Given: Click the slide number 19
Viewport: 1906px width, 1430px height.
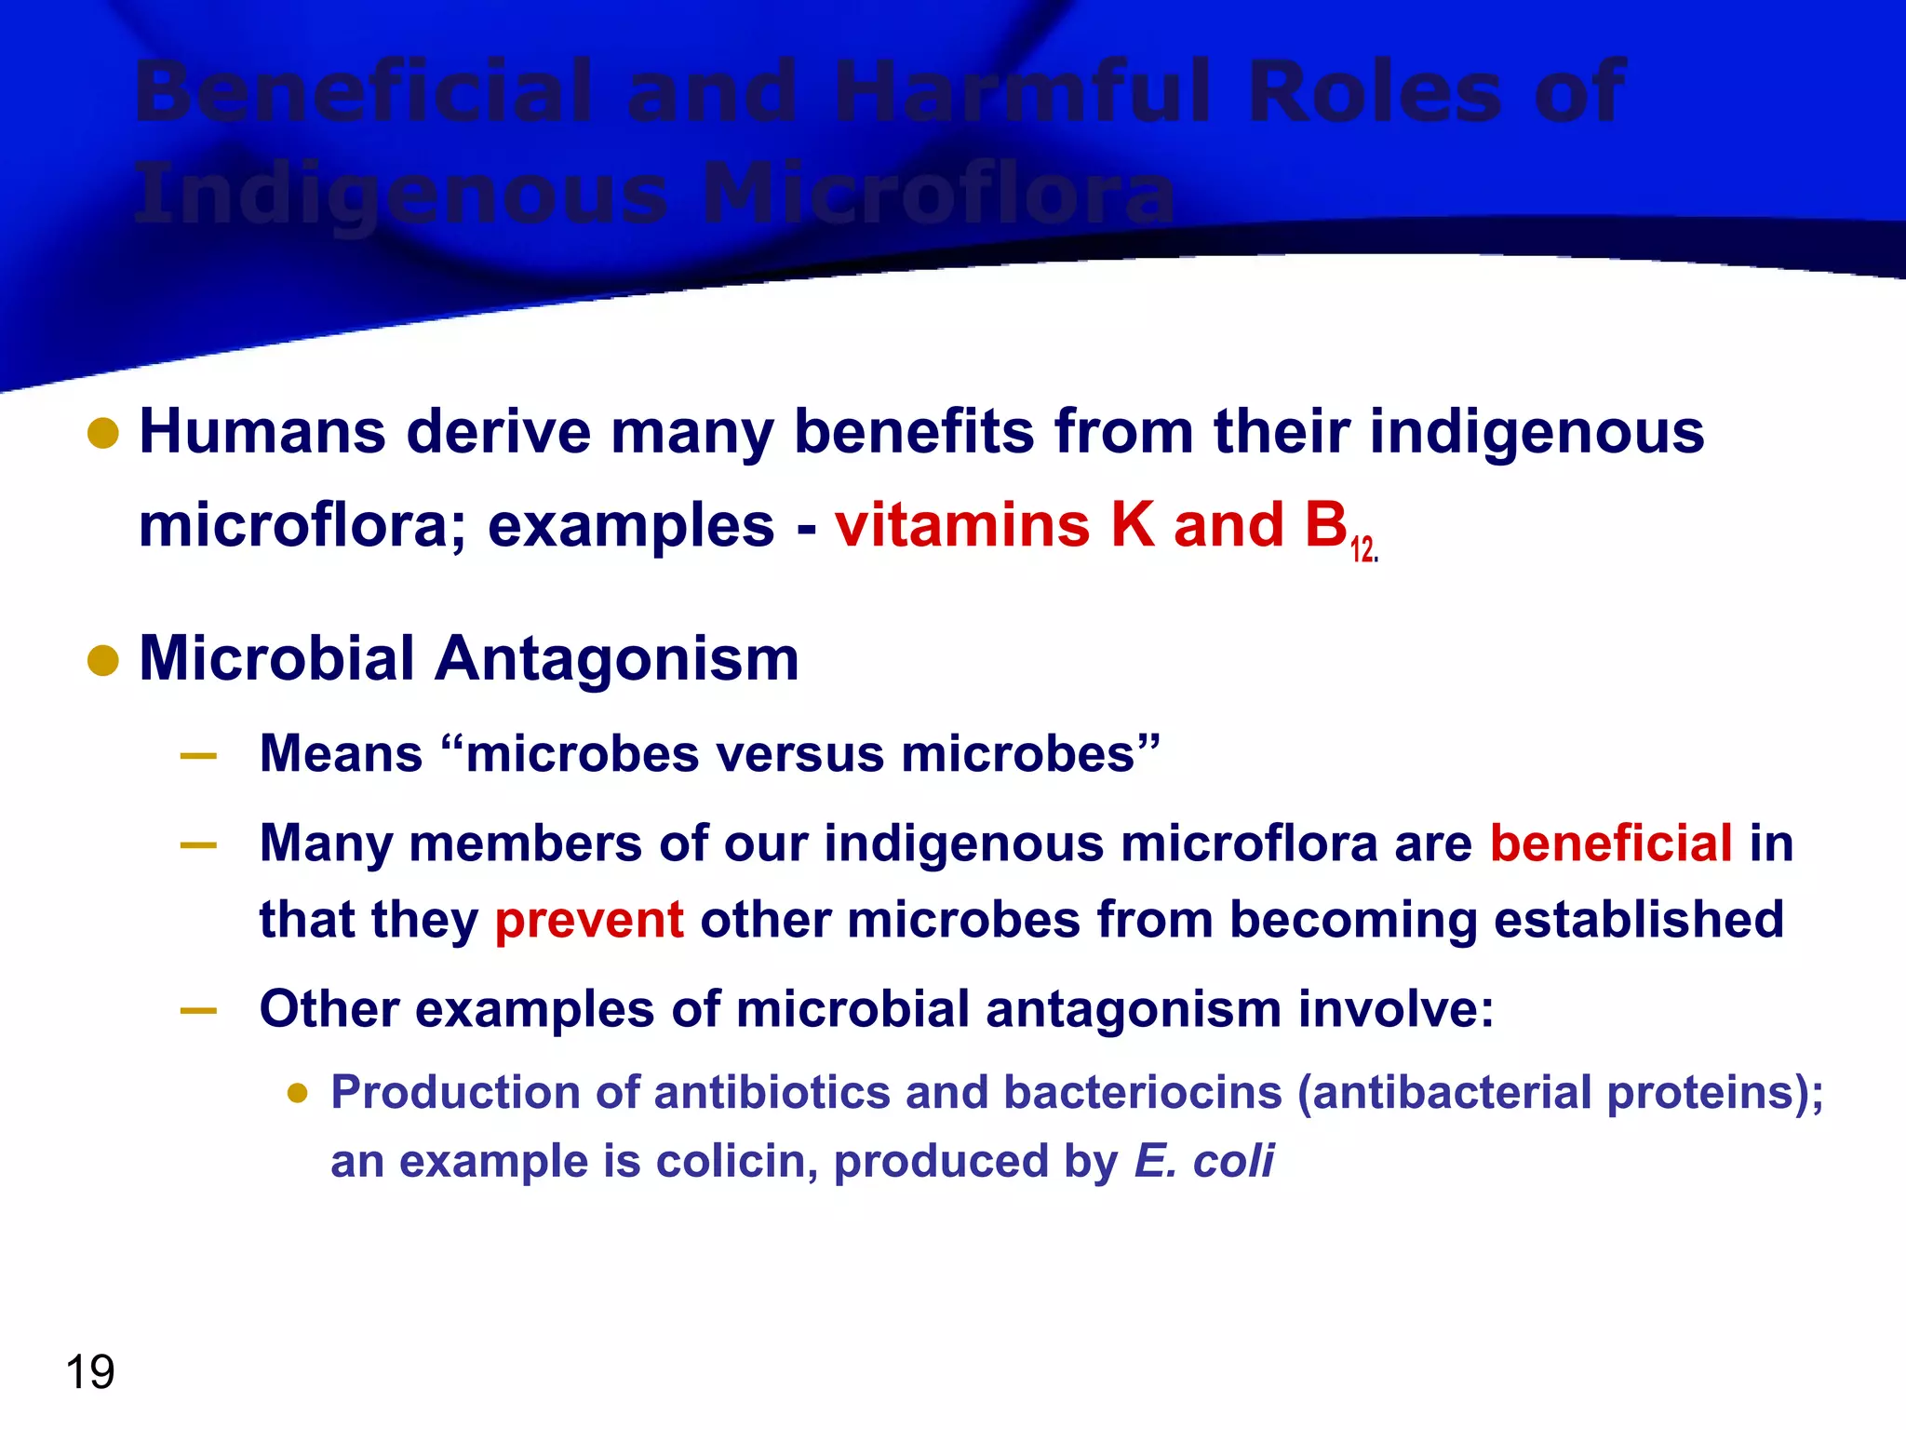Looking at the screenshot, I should pyautogui.click(x=90, y=1372).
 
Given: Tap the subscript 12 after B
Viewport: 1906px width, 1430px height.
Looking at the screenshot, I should pyautogui.click(x=1362, y=550).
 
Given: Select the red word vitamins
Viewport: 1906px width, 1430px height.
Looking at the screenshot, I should pyautogui.click(x=962, y=525).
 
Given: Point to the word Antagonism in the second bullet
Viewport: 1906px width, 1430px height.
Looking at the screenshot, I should pyautogui.click(x=616, y=659).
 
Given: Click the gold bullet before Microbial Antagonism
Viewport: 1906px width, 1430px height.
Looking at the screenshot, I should pyautogui.click(x=103, y=661).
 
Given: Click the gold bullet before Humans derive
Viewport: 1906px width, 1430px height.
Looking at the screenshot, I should pyautogui.click(x=103, y=433).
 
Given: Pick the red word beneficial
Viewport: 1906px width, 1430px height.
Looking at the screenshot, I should pyautogui.click(x=1611, y=843).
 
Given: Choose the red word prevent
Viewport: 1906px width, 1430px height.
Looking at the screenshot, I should pyautogui.click(x=589, y=920).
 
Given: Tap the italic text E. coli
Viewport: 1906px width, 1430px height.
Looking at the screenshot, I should pyautogui.click(x=1204, y=1162).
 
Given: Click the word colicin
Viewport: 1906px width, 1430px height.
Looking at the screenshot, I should pyautogui.click(x=731, y=1162).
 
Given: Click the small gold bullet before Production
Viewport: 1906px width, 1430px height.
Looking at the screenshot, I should pyautogui.click(x=298, y=1093).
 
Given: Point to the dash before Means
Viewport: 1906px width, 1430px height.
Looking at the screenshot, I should pyautogui.click(x=198, y=756).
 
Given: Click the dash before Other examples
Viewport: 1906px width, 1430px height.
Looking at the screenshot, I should pyautogui.click(x=198, y=1011).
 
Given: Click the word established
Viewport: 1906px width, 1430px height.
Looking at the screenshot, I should pyautogui.click(x=1639, y=920).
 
